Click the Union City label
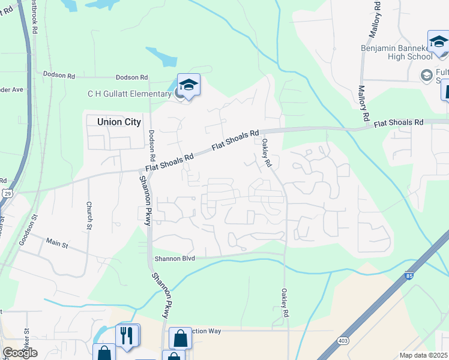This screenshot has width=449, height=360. [119, 122]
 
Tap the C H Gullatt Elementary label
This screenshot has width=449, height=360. [129, 94]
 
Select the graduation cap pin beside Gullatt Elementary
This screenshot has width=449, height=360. [188, 86]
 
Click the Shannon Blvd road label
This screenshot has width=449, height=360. [175, 259]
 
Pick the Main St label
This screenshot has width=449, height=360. [58, 243]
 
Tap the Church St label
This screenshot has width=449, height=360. [88, 214]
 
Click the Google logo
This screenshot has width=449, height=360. [19, 353]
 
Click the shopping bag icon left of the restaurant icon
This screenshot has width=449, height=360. [104, 352]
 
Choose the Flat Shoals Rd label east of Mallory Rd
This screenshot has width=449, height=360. [399, 123]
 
